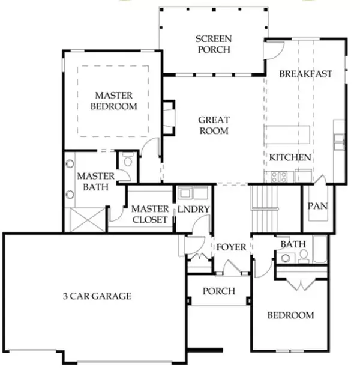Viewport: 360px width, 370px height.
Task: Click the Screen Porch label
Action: tap(213, 44)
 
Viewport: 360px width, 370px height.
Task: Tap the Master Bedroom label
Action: tap(113, 101)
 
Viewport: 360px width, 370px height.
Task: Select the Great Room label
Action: tap(214, 126)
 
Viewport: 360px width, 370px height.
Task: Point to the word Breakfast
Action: tap(305, 74)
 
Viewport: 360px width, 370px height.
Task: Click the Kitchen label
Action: tap(290, 157)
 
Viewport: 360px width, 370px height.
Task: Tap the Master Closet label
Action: tap(149, 214)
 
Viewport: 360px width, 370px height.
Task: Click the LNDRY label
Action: tap(193, 210)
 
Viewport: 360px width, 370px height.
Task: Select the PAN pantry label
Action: tap(317, 206)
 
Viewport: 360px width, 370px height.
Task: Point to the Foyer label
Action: tap(232, 247)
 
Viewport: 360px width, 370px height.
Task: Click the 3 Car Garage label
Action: tap(97, 296)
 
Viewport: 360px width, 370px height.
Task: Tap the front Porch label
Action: tap(218, 291)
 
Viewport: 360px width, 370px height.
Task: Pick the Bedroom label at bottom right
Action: tap(290, 315)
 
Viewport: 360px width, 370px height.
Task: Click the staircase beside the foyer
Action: tap(265, 207)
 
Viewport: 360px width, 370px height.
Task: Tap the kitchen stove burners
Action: tap(278, 177)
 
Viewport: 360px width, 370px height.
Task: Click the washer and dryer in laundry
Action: tap(193, 193)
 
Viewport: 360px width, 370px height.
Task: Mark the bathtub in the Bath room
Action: tap(319, 250)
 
